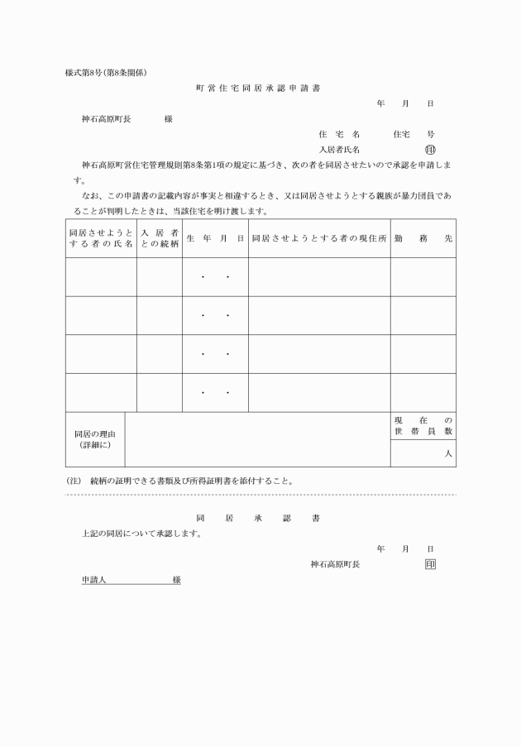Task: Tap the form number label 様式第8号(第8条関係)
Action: pyautogui.click(x=106, y=72)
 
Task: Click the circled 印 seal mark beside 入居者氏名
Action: pyautogui.click(x=429, y=150)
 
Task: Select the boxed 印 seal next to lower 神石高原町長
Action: pyautogui.click(x=429, y=564)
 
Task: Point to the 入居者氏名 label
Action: pyautogui.click(x=339, y=151)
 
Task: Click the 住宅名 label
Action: pyautogui.click(x=339, y=134)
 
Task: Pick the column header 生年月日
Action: pyautogui.click(x=215, y=238)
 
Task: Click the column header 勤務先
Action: pyautogui.click(x=423, y=238)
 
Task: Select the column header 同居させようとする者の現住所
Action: pyautogui.click(x=319, y=238)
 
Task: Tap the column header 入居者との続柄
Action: pyautogui.click(x=160, y=238)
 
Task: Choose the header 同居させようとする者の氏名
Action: pyautogui.click(x=101, y=238)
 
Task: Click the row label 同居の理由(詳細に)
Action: pyautogui.click(x=95, y=439)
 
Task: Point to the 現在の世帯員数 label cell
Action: pyautogui.click(x=423, y=426)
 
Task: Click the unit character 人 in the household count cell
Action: pyautogui.click(x=448, y=454)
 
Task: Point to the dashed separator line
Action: pyautogui.click(x=260, y=495)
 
